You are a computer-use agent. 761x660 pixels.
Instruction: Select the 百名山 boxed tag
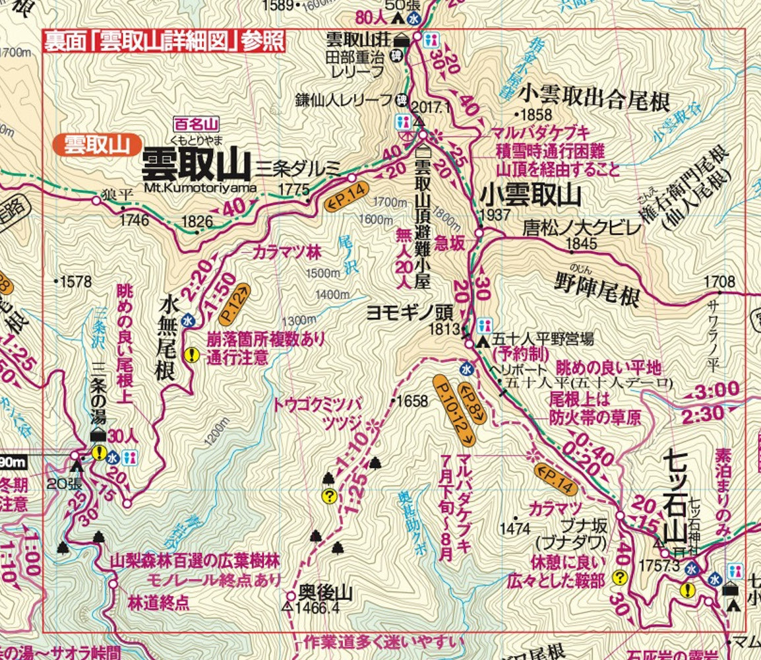pyautogui.click(x=196, y=123)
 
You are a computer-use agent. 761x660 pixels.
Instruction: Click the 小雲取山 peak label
pyautogui.click(x=531, y=196)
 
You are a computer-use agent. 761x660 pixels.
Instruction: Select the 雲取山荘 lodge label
pyautogui.click(x=363, y=39)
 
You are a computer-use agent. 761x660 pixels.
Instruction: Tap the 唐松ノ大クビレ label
pyautogui.click(x=581, y=228)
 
